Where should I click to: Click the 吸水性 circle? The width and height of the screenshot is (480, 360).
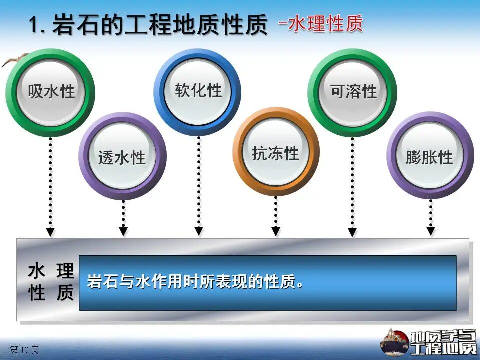pos(50,92)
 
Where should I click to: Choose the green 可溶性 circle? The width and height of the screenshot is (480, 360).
pos(352,92)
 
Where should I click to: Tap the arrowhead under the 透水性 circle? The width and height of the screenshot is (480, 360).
pos(123,231)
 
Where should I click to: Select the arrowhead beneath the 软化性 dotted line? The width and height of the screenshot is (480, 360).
pos(199,231)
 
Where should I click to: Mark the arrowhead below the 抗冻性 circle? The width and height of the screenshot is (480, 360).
pos(276,231)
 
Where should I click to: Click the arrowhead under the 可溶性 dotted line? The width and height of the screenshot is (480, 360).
pos(352,232)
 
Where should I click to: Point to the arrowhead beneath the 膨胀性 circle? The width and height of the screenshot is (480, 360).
pos(431,231)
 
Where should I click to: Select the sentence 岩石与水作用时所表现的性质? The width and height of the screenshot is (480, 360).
pos(195,281)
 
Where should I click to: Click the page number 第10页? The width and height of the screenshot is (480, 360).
pos(24,350)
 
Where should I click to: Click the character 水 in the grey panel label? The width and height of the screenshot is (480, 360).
pos(37,271)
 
